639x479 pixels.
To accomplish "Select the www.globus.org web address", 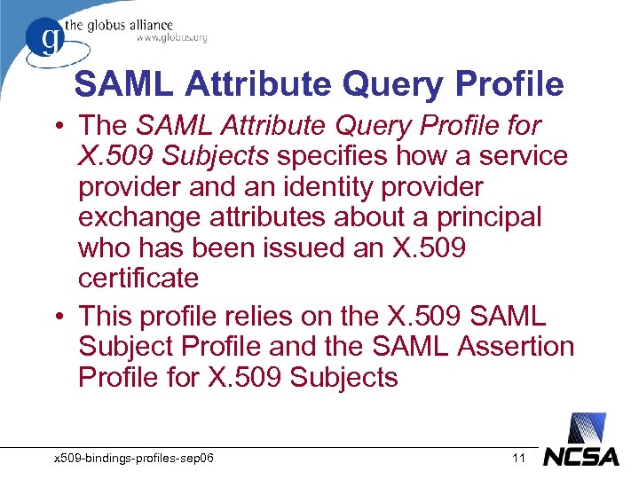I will tap(171, 38).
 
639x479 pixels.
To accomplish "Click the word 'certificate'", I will tap(138, 279).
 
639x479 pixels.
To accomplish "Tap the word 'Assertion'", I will tap(515, 346).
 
